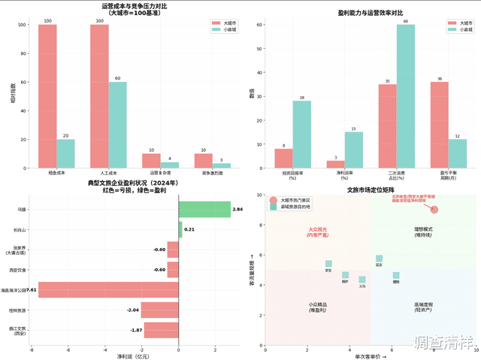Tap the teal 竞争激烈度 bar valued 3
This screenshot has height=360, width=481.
pos(221,165)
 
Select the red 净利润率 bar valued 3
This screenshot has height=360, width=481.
pos(336,164)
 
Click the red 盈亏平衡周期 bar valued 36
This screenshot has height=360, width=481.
pos(440,125)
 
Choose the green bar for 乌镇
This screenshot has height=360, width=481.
pos(204,209)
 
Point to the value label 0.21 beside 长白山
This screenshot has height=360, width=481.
pos(190,229)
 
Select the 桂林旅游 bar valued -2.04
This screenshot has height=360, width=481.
pos(159,310)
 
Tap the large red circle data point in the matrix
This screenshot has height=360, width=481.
pos(434,210)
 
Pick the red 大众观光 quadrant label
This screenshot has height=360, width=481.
pos(318,231)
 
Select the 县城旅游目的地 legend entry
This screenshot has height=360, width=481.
pos(296,207)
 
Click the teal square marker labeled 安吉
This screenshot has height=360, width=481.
pos(328,264)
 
